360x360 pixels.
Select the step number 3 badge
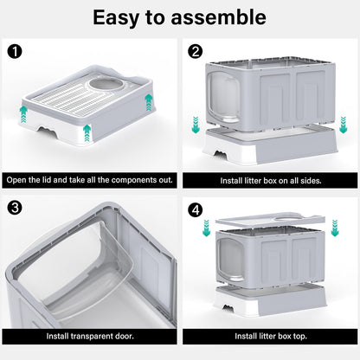pos(14,208)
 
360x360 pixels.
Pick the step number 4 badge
pos(196,208)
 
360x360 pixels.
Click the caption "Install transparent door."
pos(90,335)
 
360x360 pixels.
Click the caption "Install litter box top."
pos(270,335)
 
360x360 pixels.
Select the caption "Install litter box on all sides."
pos(270,182)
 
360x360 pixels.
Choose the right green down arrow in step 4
pos(335,228)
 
